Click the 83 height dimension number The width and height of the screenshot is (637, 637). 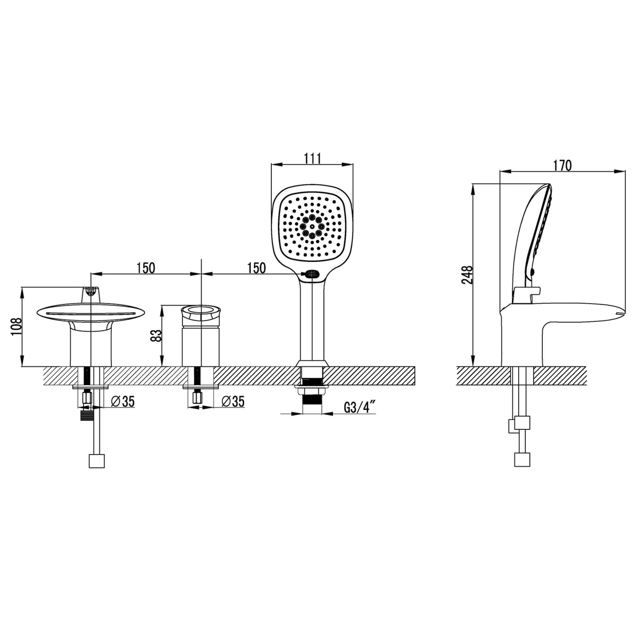pyautogui.click(x=156, y=336)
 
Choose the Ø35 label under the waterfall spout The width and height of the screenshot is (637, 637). pyautogui.click(x=123, y=401)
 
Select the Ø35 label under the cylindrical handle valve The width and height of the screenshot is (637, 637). pyautogui.click(x=233, y=401)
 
